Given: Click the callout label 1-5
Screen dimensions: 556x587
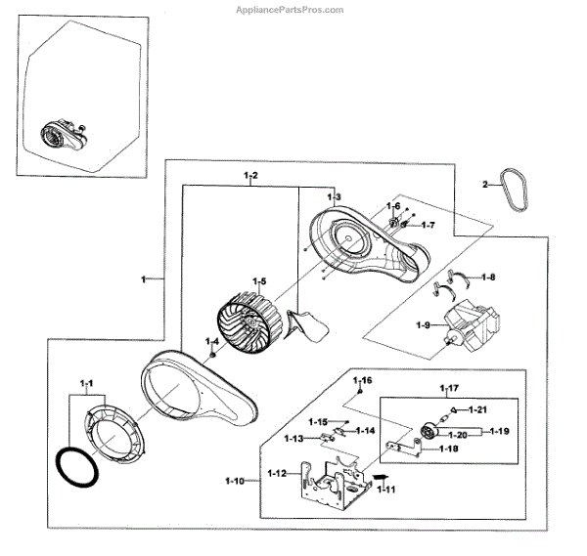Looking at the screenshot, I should (x=258, y=280).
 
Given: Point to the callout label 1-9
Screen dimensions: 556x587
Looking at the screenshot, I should (x=424, y=324).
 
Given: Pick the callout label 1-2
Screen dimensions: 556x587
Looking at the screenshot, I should (x=250, y=175).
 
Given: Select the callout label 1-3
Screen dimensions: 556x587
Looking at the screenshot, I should (x=334, y=197).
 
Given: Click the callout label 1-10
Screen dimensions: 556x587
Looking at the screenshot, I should (x=235, y=481).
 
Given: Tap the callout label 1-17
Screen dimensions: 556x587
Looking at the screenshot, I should (x=449, y=388).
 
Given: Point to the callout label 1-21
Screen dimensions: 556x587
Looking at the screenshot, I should (x=478, y=408).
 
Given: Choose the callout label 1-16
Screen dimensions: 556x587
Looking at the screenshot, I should (x=363, y=379).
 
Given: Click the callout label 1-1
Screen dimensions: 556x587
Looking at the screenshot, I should (x=87, y=381).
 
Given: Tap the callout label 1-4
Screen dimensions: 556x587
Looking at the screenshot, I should (x=211, y=341).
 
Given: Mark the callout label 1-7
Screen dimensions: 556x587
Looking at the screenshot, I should (x=428, y=226).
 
